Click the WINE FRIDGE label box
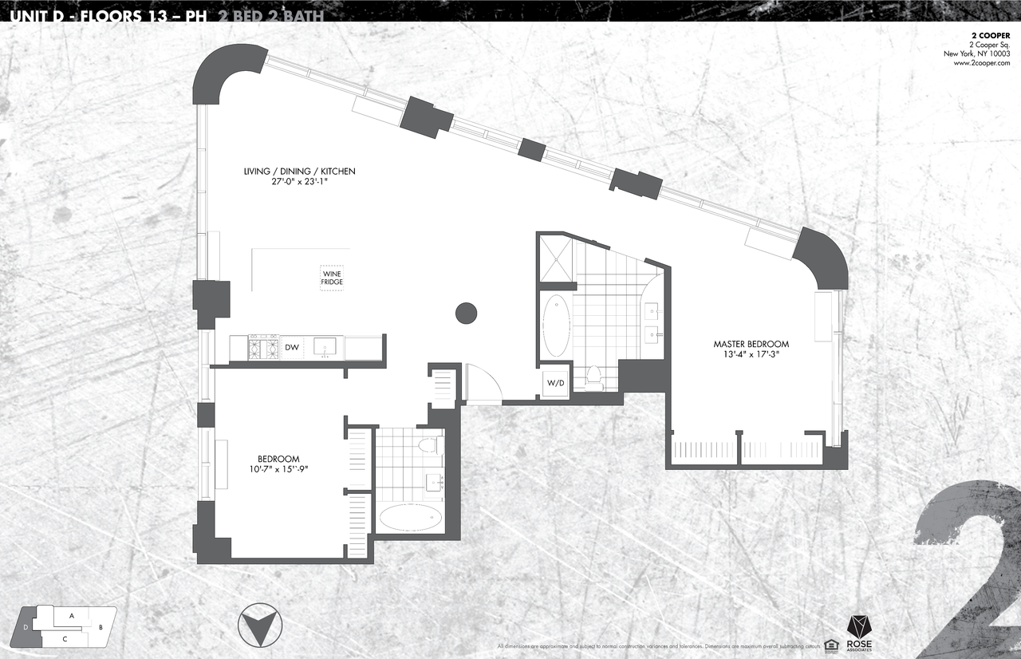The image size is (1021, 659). pyautogui.click(x=333, y=278)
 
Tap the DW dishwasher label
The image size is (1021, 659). pyautogui.click(x=292, y=347)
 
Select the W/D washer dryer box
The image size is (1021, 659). pyautogui.click(x=555, y=384)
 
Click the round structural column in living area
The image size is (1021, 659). pyautogui.click(x=466, y=313)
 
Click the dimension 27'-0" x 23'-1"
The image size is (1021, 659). pyautogui.click(x=299, y=183)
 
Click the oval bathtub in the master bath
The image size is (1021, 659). pyautogui.click(x=556, y=326)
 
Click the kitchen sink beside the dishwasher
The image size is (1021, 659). pyautogui.click(x=324, y=347)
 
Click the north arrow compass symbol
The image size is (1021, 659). pyautogui.click(x=259, y=625)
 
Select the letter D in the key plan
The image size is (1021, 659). pyautogui.click(x=26, y=628)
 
